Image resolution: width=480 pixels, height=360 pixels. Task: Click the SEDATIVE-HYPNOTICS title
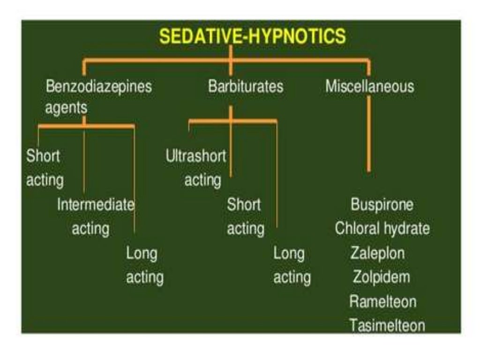point(252,36)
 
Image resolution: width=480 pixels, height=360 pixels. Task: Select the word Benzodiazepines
point(99,87)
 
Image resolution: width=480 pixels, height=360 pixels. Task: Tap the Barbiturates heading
point(246,87)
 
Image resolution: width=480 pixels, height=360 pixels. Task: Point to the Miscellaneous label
point(370,87)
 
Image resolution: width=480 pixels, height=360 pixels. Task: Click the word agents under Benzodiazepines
point(66,108)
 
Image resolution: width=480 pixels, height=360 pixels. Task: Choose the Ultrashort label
point(195,156)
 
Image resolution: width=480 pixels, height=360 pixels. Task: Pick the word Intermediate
point(96,205)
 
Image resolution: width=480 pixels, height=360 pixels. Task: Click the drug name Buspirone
point(382,205)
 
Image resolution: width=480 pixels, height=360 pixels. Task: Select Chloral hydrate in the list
point(382,229)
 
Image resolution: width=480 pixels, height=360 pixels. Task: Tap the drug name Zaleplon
point(377,254)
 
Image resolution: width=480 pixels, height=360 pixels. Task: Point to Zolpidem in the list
point(381,277)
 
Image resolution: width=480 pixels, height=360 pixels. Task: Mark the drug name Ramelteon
point(382,301)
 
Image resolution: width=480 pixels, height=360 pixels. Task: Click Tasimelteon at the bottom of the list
point(387,325)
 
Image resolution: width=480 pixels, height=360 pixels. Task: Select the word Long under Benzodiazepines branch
point(142,254)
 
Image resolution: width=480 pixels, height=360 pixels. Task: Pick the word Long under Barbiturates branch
point(289,254)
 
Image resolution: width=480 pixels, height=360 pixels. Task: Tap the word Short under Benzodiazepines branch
point(43,156)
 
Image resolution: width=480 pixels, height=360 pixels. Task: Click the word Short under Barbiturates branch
point(244,205)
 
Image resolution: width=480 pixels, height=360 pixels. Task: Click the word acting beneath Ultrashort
point(202,180)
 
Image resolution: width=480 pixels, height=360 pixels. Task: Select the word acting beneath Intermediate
point(90,229)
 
